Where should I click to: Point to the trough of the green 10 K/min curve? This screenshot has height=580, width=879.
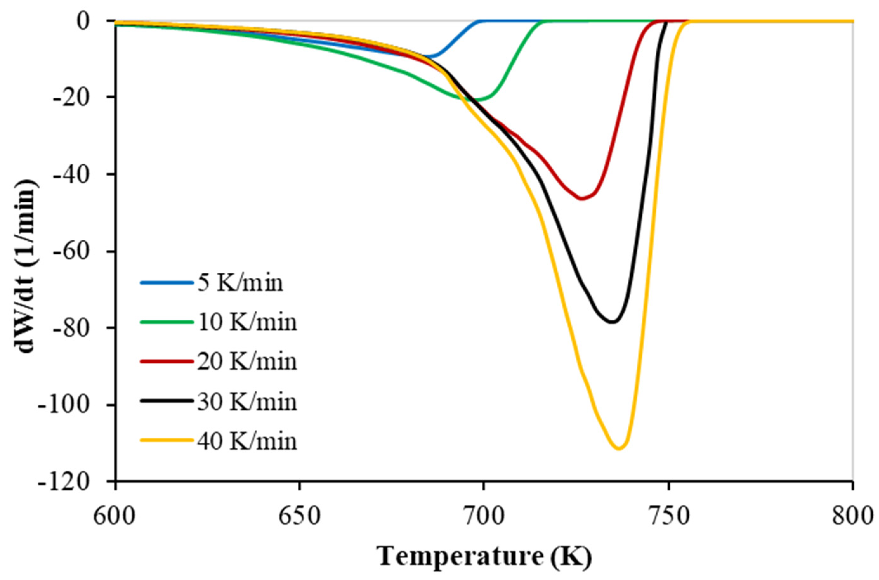point(477,100)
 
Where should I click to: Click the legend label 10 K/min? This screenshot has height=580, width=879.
point(247,322)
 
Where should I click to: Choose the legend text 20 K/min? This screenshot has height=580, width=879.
point(247,362)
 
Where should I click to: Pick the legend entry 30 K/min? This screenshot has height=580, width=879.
point(247,402)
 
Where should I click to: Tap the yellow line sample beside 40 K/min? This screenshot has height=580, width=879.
point(167,440)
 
